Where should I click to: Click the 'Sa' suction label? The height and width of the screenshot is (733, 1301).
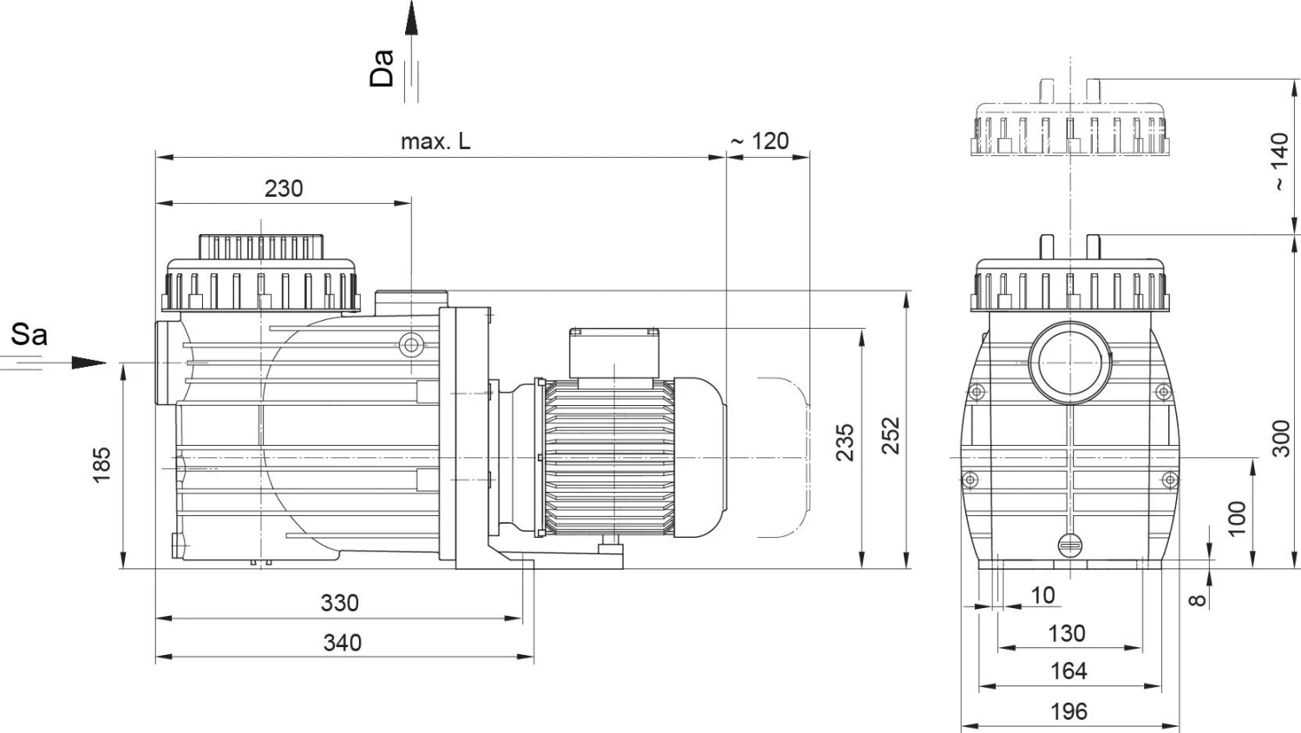tap(29, 335)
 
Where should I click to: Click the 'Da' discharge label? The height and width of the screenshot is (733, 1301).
tap(382, 68)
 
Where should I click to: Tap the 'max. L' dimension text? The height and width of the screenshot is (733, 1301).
tap(435, 141)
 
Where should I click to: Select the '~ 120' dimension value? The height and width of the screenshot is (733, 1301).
tap(760, 141)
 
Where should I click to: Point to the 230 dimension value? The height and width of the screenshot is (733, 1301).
tap(284, 188)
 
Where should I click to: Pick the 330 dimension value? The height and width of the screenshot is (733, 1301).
tap(339, 603)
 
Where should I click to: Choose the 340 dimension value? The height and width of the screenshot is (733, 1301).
tap(342, 643)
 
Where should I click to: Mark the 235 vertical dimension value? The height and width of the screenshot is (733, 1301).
tap(846, 442)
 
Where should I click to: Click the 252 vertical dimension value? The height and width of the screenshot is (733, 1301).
tap(891, 435)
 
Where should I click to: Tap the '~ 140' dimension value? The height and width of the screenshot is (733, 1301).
tap(1280, 161)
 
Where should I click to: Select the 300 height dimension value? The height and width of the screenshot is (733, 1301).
tap(1281, 438)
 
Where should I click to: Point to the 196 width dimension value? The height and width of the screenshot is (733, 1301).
tap(1069, 711)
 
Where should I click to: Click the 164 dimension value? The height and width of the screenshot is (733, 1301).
tap(1069, 671)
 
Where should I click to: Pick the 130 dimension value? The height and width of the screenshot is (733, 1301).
tap(1067, 633)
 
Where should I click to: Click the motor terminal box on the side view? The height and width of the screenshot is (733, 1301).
tap(613, 352)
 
